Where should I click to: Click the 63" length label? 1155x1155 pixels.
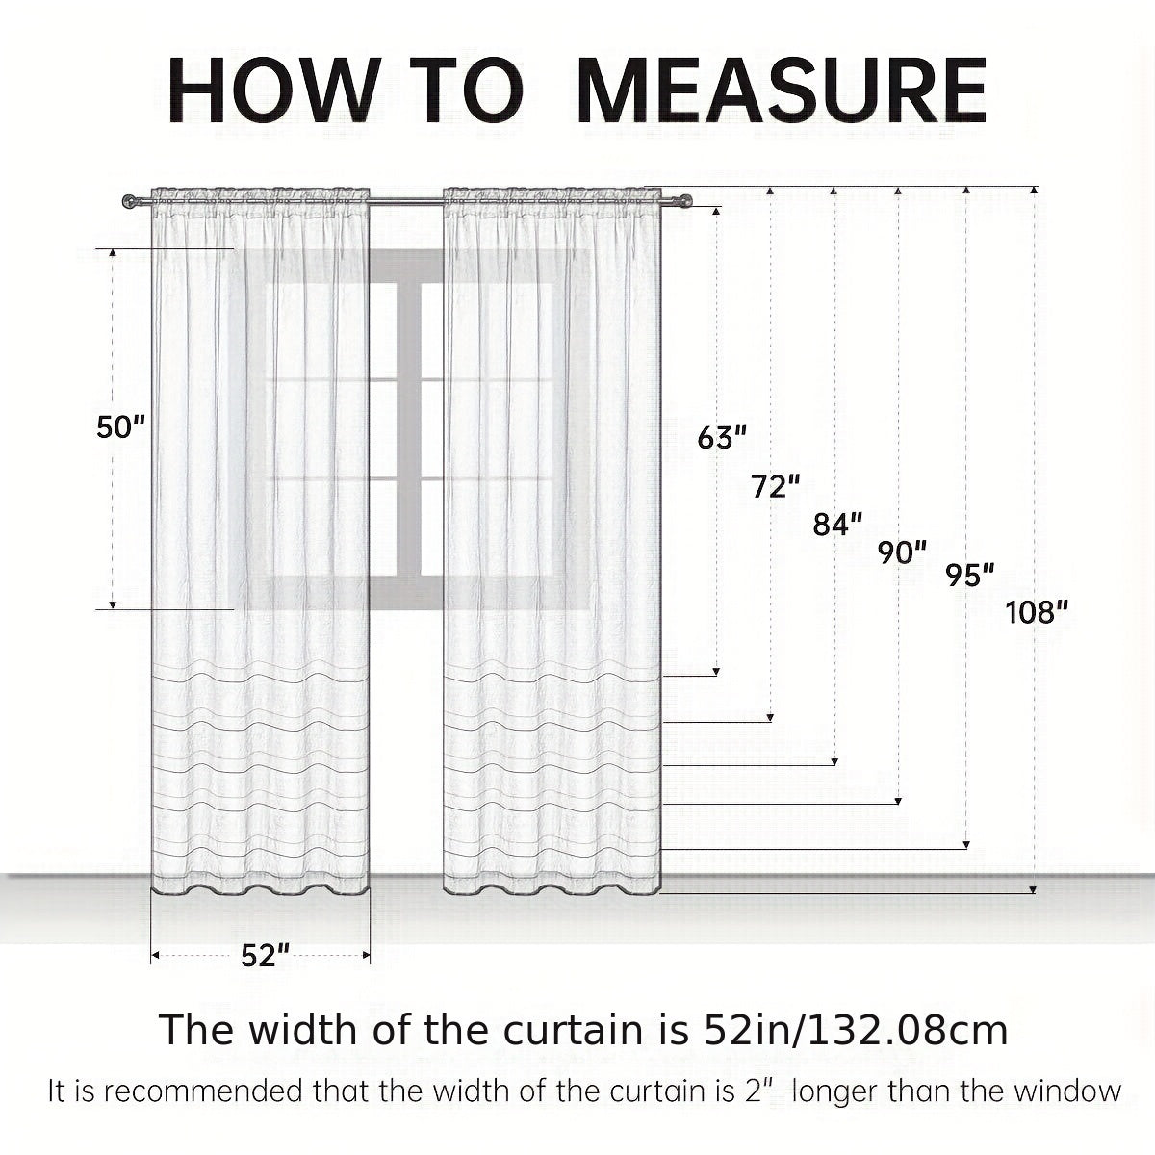722,438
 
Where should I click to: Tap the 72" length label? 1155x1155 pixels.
776,486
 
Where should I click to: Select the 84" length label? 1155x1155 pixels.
838,524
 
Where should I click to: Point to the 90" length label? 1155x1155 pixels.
903,552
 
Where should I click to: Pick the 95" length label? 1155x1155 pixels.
970,575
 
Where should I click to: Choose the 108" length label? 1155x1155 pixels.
1037,612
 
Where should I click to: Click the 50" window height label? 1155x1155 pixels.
121,426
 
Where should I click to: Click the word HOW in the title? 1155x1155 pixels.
274,91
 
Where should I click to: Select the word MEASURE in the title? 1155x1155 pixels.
783,91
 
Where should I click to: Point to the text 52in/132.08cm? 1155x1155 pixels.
856,1030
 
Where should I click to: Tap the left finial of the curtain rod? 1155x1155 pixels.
129,202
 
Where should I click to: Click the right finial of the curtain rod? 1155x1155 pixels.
685,201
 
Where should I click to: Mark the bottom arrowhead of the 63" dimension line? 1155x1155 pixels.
716,672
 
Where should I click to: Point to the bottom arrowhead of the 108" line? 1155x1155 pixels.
1033,889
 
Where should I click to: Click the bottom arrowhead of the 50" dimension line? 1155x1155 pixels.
113,604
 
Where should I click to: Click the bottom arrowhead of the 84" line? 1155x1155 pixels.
834,761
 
